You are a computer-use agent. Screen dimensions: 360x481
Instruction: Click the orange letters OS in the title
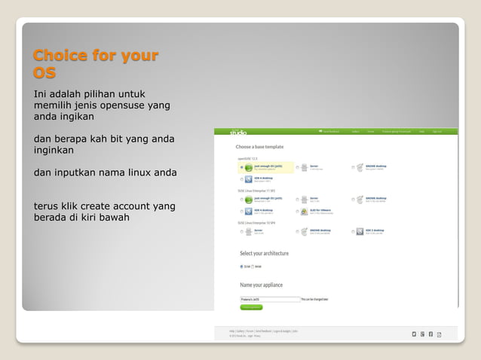point(44,73)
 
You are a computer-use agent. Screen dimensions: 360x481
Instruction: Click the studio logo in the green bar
point(238,132)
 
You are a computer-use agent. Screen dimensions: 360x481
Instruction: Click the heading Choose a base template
point(259,146)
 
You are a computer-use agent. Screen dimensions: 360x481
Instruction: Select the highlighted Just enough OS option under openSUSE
point(263,166)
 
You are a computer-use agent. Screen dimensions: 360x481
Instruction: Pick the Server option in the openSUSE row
point(314,166)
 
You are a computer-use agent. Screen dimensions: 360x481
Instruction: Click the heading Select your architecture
point(264,254)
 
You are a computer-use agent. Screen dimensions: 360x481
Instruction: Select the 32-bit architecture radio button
point(241,266)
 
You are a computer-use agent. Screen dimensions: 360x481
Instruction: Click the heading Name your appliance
point(260,285)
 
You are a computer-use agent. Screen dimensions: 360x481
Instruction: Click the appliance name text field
point(268,299)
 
